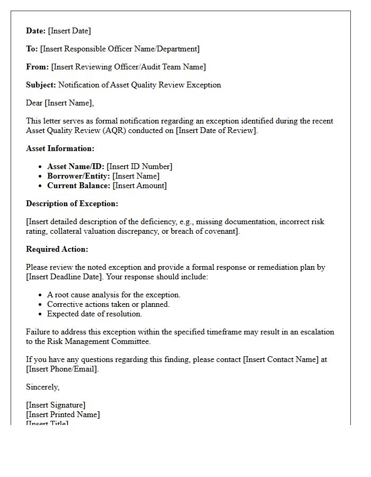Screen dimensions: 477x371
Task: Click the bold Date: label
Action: pos(36,31)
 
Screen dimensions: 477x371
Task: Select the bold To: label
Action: pos(32,49)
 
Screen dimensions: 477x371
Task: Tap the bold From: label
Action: pos(37,67)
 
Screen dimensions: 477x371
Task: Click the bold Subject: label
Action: pos(41,85)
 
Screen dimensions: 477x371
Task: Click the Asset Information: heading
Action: pos(60,148)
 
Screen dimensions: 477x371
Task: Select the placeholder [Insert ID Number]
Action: pos(139,166)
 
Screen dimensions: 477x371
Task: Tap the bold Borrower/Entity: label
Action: pos(78,176)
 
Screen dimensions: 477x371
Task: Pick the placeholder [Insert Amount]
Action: pos(139,185)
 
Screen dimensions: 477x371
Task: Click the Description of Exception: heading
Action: pos(72,204)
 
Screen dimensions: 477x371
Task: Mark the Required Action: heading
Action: pos(57,249)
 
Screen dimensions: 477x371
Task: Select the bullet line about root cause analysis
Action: pos(114,295)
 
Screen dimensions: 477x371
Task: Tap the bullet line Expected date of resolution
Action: pos(94,314)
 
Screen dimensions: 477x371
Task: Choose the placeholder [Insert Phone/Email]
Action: pos(62,369)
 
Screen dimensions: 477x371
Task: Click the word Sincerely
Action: pos(42,387)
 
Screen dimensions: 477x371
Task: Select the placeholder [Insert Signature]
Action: pos(56,405)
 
